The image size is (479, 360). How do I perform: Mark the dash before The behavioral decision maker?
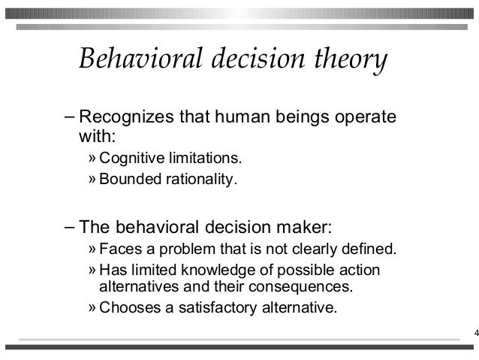70,227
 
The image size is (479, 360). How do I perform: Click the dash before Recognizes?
70,119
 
